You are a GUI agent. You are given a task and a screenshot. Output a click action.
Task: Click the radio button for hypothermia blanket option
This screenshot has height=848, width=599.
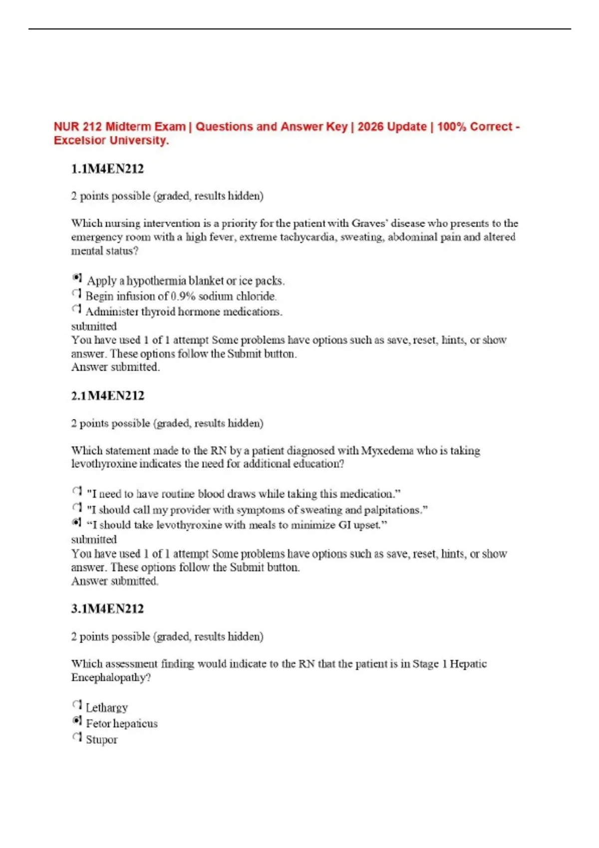77,278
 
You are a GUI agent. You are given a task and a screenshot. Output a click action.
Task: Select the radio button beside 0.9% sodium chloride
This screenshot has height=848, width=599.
76,294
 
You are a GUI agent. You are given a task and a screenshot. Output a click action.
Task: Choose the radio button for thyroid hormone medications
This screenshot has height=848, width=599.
76,309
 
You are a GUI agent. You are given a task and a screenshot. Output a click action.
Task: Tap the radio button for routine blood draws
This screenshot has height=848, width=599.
77,491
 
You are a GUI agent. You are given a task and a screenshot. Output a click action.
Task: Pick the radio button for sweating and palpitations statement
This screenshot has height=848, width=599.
77,507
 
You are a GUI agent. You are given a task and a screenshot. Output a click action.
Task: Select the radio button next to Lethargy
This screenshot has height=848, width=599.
77,705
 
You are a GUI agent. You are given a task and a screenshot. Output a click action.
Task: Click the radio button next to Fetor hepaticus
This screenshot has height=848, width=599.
77,721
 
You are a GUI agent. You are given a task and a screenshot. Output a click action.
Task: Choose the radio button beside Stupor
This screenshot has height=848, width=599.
77,737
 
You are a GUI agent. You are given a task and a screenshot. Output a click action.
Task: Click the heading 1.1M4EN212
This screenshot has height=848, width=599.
107,169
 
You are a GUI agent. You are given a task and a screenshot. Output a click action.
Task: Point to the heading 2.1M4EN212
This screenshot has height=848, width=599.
107,396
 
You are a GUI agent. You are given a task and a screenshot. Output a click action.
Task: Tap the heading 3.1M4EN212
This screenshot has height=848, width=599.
107,609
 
